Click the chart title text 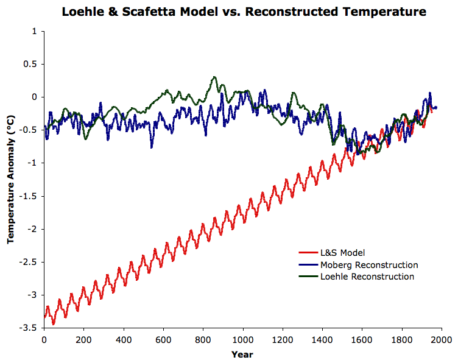pos(243,12)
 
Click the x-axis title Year pos(242,354)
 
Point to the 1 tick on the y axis pos(33,31)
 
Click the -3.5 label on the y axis pos(30,328)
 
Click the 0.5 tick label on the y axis pos(30,64)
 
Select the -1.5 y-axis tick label pos(30,196)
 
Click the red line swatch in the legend pos(308,253)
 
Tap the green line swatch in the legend pos(308,277)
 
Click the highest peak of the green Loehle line pos(214,77)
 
